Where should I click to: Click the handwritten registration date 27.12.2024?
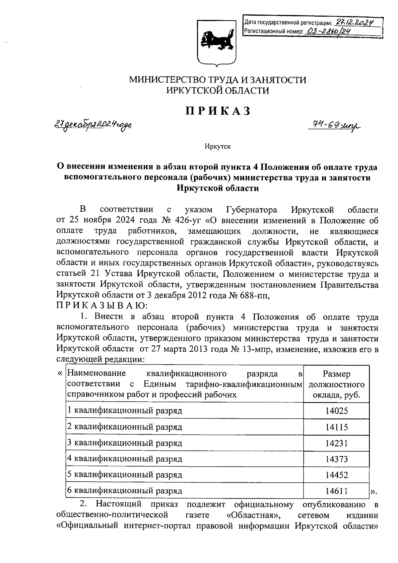tap(354, 22)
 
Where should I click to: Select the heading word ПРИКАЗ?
tap(218, 111)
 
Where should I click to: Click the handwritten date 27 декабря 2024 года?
tap(93, 125)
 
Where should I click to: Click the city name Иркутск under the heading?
tap(218, 146)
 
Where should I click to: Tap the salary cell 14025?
tap(336, 411)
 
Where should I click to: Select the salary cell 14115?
tap(336, 427)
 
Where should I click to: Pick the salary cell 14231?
tap(336, 443)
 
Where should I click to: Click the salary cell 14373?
tap(336, 459)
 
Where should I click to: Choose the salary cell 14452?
tap(336, 475)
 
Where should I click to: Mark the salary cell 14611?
tap(336, 491)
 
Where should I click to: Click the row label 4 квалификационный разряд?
tap(125, 459)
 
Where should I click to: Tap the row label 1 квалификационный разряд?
tap(125, 411)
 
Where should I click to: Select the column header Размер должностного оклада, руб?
tap(336, 385)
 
